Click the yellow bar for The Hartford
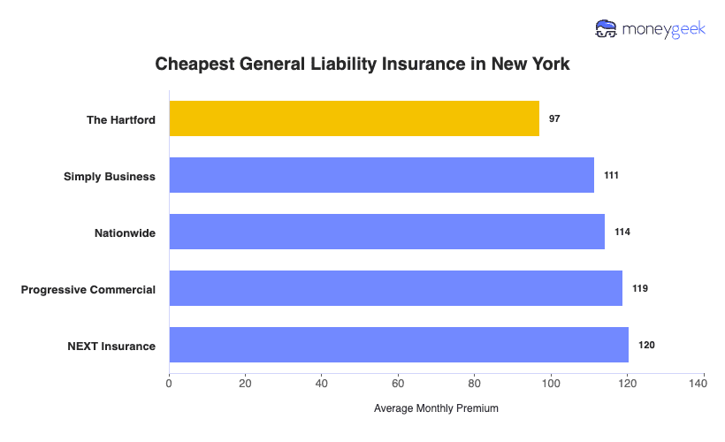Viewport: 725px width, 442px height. pos(354,118)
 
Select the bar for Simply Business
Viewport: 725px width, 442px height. pos(381,175)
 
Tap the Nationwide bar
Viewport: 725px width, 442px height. pos(386,232)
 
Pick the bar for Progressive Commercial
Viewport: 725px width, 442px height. pos(395,288)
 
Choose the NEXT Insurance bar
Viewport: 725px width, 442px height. pos(398,345)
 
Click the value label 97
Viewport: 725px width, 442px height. pos(554,118)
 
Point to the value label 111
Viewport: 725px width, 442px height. pos(611,175)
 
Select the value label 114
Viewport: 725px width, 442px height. pos(622,232)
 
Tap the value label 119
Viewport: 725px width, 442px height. pos(640,288)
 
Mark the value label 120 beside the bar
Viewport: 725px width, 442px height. pos(646,345)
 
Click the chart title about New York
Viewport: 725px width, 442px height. pos(362,65)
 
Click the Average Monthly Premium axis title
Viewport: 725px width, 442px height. pos(436,408)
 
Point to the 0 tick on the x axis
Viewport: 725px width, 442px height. pos(169,384)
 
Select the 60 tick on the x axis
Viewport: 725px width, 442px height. pos(398,384)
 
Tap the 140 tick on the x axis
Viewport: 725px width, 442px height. pos(704,384)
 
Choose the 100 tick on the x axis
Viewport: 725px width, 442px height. pos(551,384)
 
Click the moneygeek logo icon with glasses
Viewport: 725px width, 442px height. pos(607,29)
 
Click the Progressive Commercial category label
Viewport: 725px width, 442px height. pos(88,289)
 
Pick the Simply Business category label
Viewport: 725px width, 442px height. pos(110,176)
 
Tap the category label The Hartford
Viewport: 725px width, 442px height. pos(121,119)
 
